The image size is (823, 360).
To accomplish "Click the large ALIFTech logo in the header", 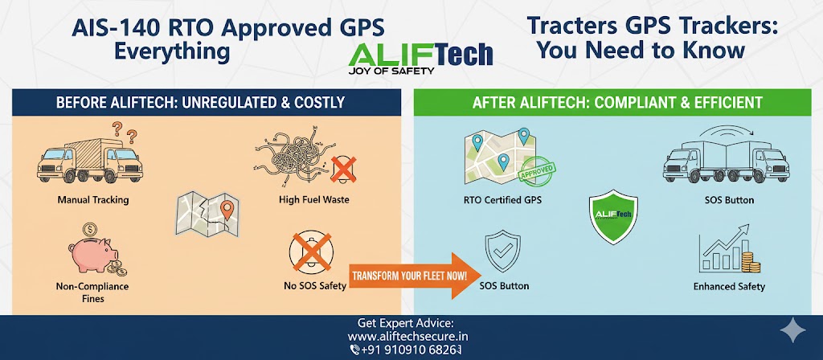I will [x=422, y=53].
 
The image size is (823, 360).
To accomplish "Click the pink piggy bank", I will [x=91, y=254].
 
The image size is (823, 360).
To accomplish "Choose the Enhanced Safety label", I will [x=729, y=286].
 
